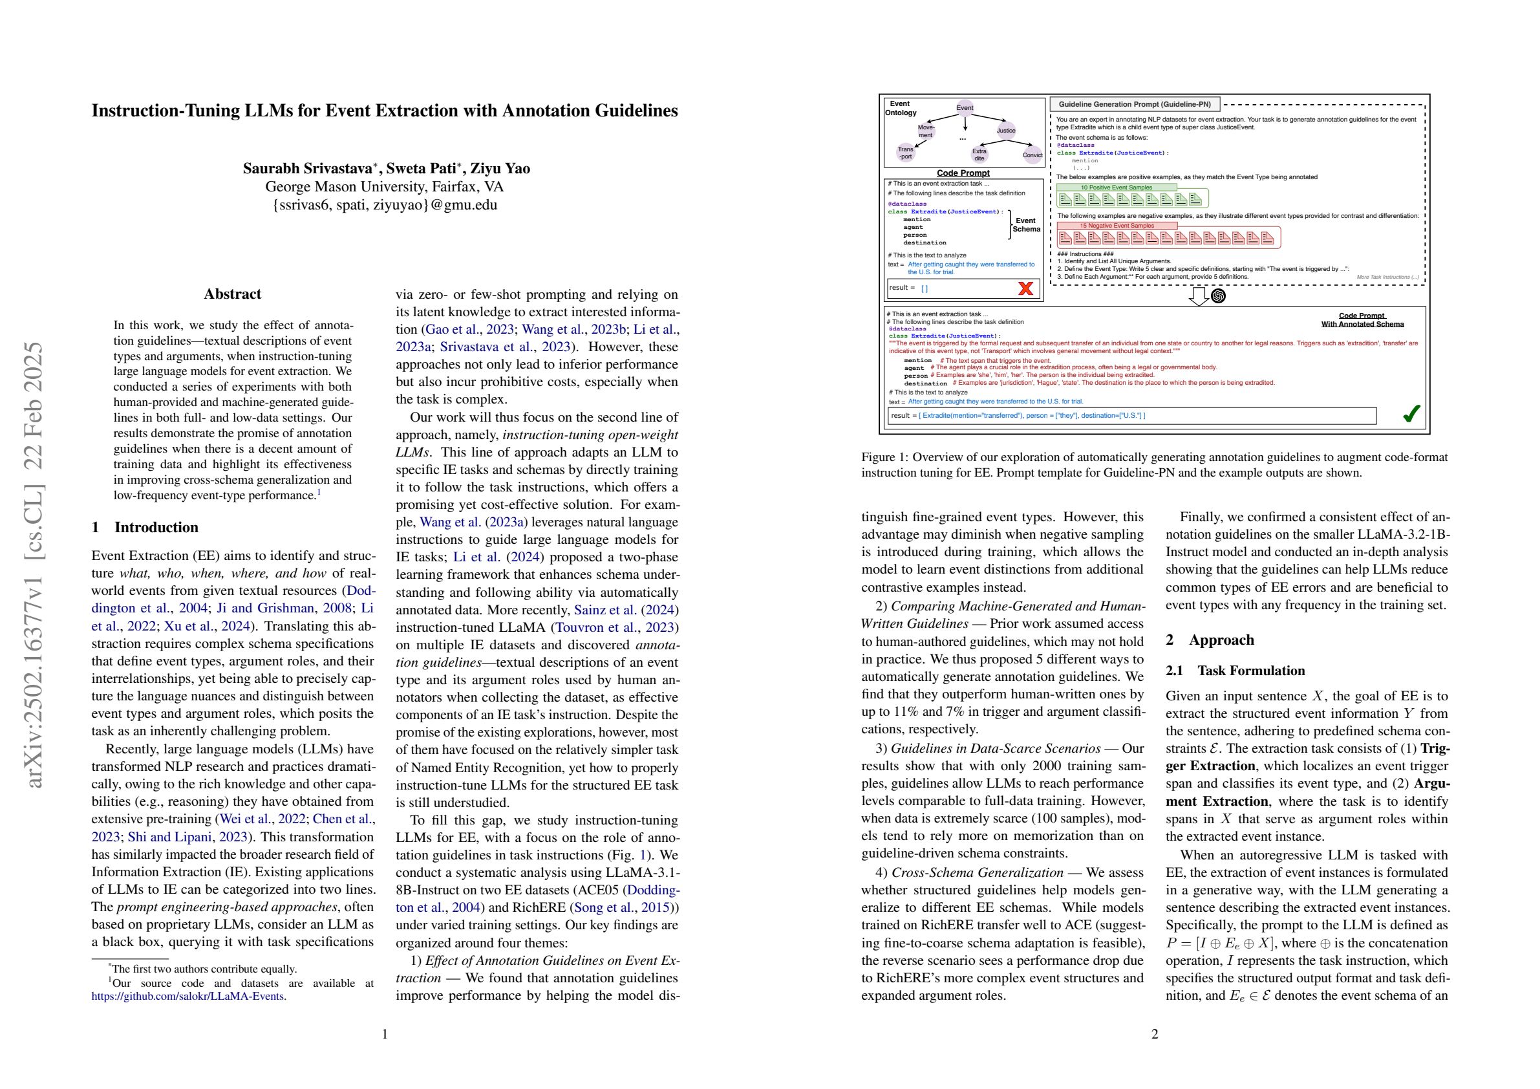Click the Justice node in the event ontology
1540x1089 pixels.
coord(1005,130)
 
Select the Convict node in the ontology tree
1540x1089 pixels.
coord(1032,155)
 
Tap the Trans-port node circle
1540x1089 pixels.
coord(906,153)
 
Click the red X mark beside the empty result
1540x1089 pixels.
coord(1025,288)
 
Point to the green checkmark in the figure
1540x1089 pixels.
coord(1411,414)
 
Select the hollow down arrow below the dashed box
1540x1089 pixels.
coord(1199,296)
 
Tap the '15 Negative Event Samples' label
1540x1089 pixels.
coord(1117,226)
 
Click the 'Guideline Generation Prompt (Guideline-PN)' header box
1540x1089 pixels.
coord(1135,104)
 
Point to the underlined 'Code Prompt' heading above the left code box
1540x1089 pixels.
coord(963,173)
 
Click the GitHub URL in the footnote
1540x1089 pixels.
coord(189,997)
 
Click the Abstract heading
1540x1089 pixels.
coord(233,294)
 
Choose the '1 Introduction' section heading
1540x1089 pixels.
coord(145,528)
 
